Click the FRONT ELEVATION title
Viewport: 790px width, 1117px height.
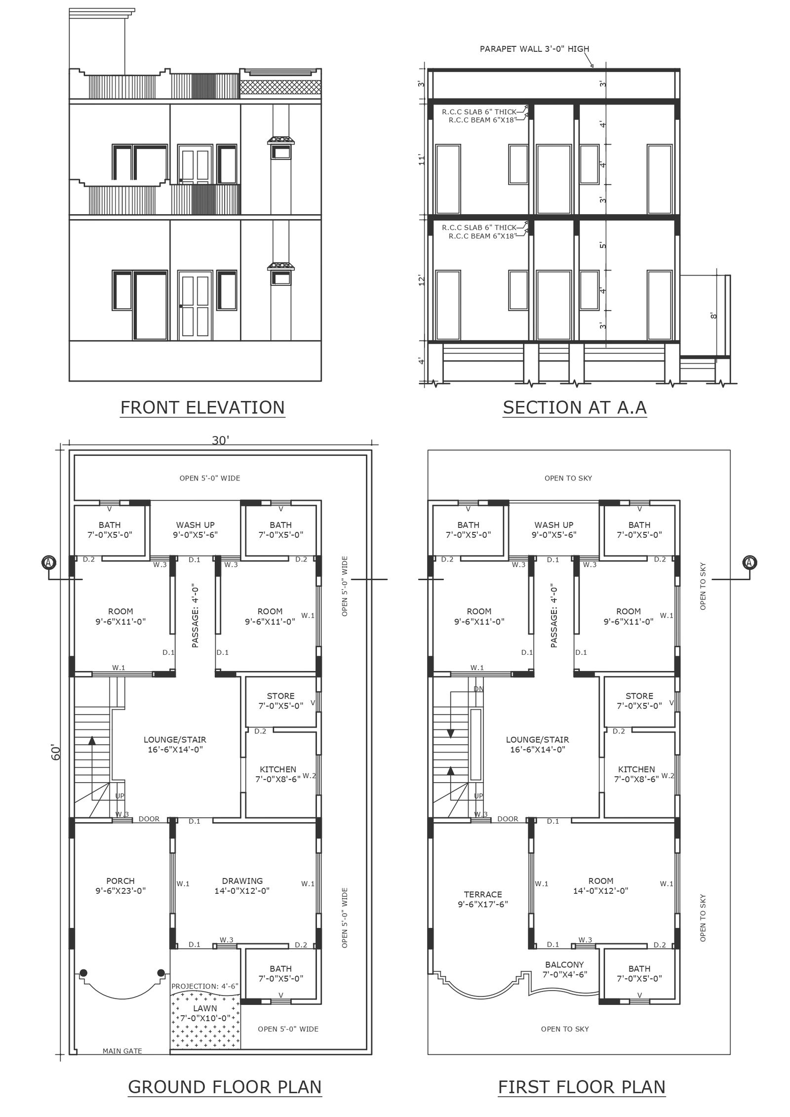point(202,407)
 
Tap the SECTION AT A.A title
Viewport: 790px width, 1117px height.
point(575,407)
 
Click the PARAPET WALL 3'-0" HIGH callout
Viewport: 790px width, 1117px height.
point(534,49)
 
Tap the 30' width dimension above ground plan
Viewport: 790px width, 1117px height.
point(220,440)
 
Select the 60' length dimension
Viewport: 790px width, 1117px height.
point(55,753)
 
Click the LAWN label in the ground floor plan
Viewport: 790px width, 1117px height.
point(205,1008)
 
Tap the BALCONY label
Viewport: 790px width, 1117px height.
point(564,964)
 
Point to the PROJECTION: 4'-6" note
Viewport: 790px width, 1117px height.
point(205,986)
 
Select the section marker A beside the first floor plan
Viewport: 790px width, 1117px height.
point(750,562)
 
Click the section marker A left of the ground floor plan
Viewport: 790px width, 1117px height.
point(48,562)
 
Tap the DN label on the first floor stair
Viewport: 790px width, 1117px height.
point(478,689)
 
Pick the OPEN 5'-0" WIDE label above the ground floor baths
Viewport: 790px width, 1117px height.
point(210,478)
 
